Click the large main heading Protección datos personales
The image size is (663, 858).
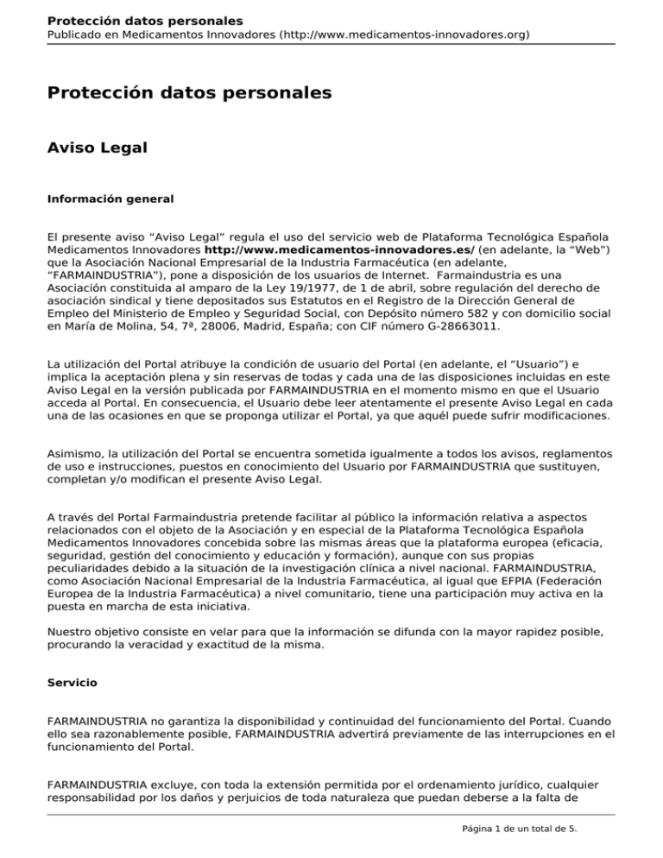point(189,91)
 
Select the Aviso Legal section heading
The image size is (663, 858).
point(97,148)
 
